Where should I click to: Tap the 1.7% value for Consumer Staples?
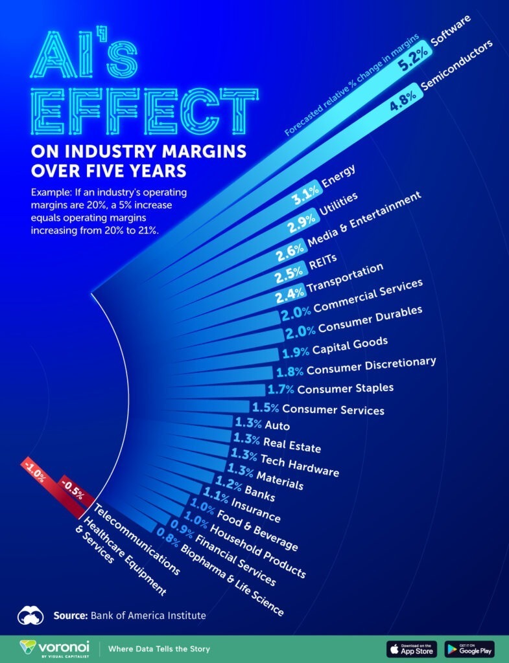click(x=280, y=390)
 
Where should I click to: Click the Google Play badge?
click(x=469, y=648)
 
